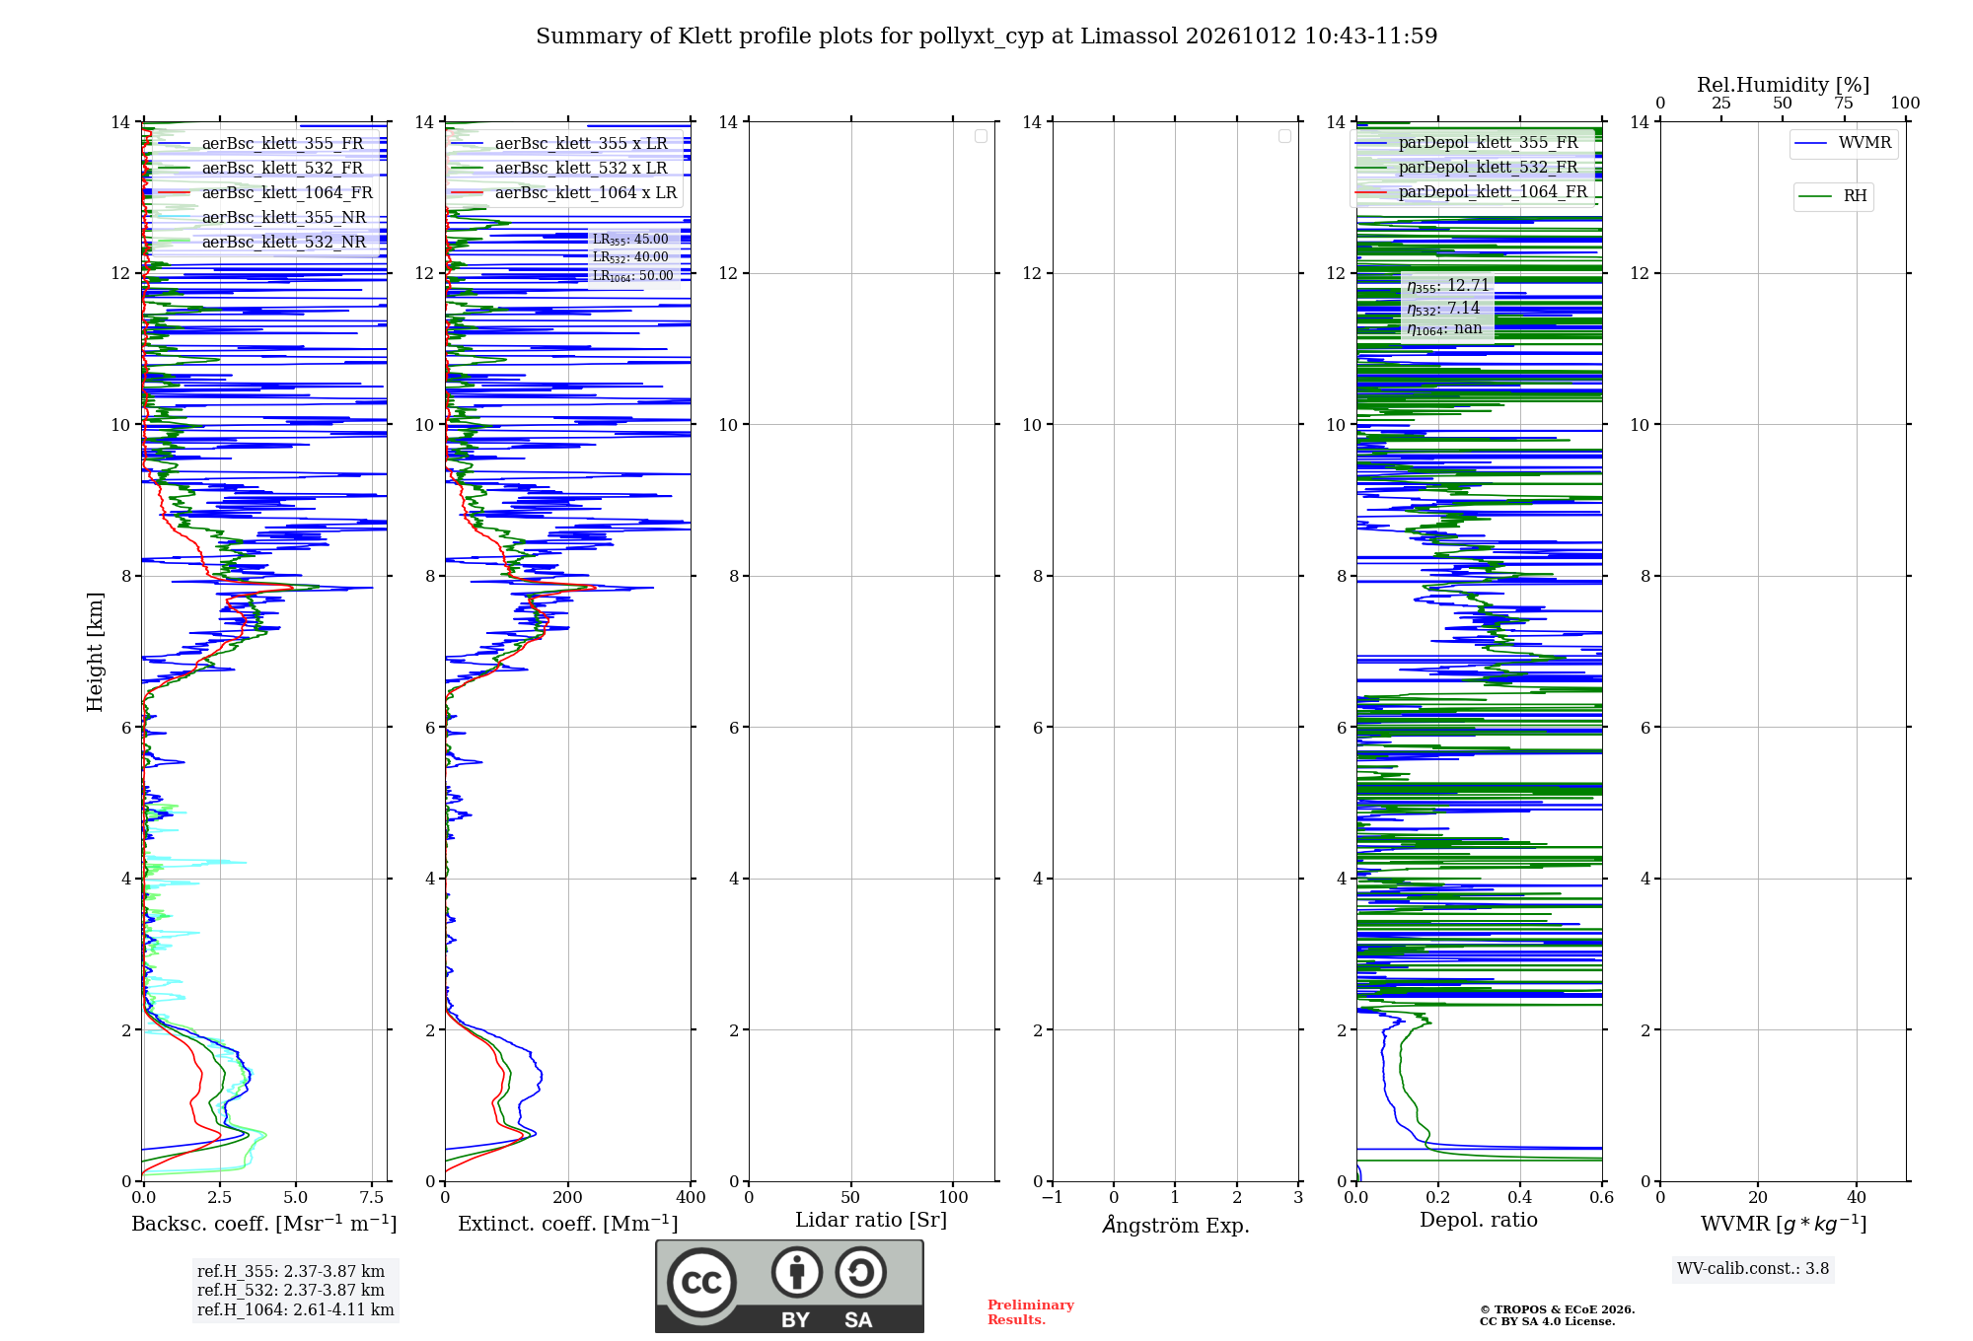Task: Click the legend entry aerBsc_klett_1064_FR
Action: (265, 192)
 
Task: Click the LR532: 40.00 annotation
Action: (630, 257)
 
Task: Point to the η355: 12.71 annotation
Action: (1448, 286)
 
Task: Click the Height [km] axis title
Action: (95, 652)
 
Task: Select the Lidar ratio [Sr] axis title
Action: (871, 1220)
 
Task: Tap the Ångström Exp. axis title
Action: (1176, 1225)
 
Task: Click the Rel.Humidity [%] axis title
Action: (1784, 85)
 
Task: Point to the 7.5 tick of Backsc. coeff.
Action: (372, 1197)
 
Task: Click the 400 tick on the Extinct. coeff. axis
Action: (691, 1197)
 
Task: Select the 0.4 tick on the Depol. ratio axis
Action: (1520, 1197)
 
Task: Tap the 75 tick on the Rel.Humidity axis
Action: (1844, 103)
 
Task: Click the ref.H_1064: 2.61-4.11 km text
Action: (296, 1309)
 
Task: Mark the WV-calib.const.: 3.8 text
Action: (1753, 1268)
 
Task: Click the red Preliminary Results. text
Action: (1031, 1312)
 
